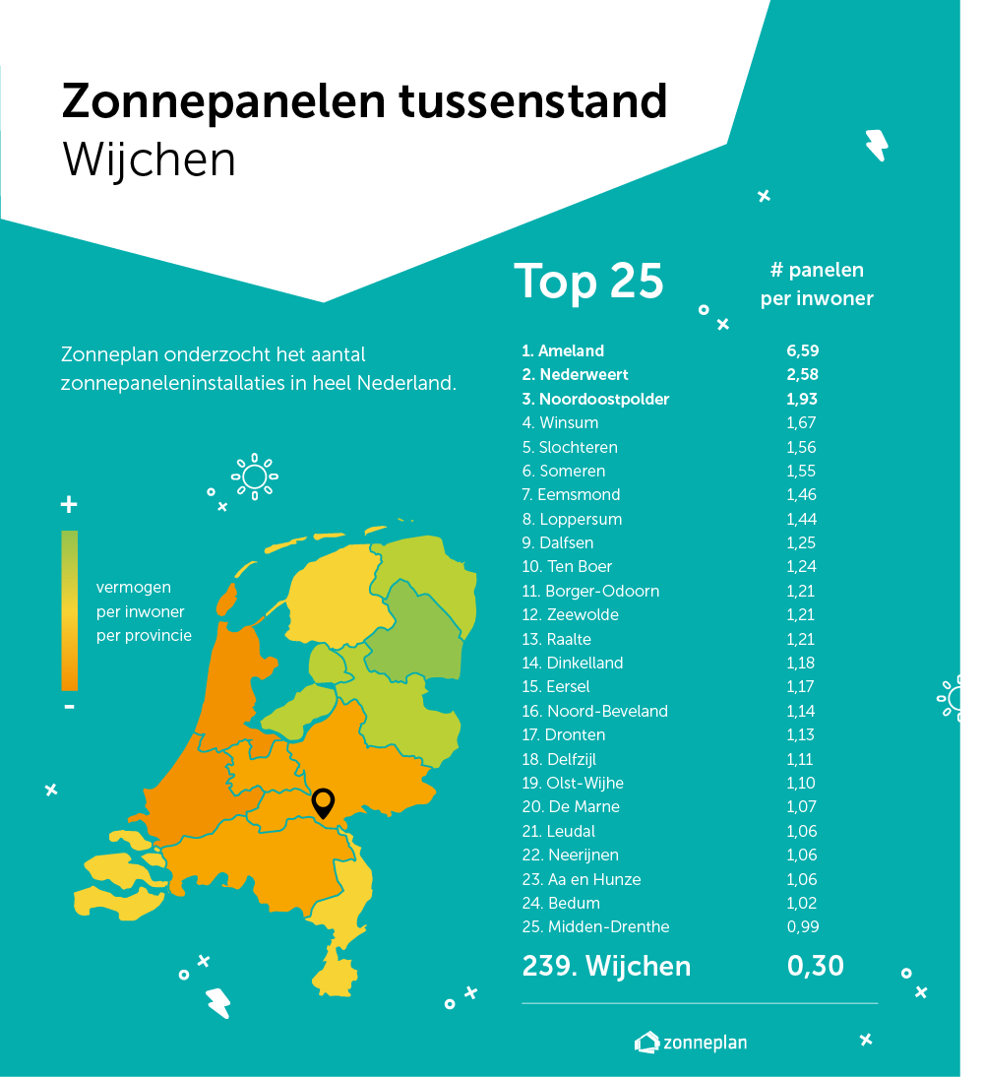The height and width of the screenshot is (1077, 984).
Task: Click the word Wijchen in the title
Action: coord(150,159)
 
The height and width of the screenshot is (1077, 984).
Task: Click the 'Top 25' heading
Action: coord(588,281)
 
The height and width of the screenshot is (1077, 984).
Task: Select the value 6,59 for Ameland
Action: coord(802,350)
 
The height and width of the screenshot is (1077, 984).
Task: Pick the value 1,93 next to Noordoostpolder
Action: coord(802,399)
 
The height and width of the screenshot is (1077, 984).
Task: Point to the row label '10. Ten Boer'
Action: coord(567,567)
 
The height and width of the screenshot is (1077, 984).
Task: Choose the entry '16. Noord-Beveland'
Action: coord(594,711)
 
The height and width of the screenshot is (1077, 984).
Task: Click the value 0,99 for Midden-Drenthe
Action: coord(802,926)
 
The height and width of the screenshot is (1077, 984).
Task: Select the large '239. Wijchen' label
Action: coord(606,966)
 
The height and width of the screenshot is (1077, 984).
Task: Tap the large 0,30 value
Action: coord(815,966)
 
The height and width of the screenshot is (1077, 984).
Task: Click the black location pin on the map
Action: coord(323,801)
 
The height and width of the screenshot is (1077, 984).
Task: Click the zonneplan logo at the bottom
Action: coord(691,1042)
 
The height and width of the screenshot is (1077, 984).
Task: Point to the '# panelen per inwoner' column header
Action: coord(817,285)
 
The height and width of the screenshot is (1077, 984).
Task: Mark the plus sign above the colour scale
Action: coord(69,505)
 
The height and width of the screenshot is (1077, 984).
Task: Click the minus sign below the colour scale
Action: coord(69,707)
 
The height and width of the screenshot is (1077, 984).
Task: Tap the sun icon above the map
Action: coord(254,476)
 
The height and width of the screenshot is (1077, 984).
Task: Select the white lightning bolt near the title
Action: coord(875,145)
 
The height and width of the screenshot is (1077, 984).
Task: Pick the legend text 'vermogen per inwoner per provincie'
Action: coord(144,611)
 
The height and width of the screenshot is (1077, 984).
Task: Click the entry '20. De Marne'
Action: coord(571,807)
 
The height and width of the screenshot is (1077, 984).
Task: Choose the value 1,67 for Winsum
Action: coord(802,423)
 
